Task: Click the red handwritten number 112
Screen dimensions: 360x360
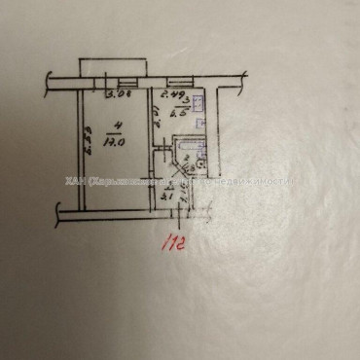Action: [175, 240]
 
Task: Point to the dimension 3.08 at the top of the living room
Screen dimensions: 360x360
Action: [119, 95]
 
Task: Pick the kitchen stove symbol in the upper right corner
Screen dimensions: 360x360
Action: [198, 102]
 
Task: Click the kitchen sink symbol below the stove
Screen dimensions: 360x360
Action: [198, 124]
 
